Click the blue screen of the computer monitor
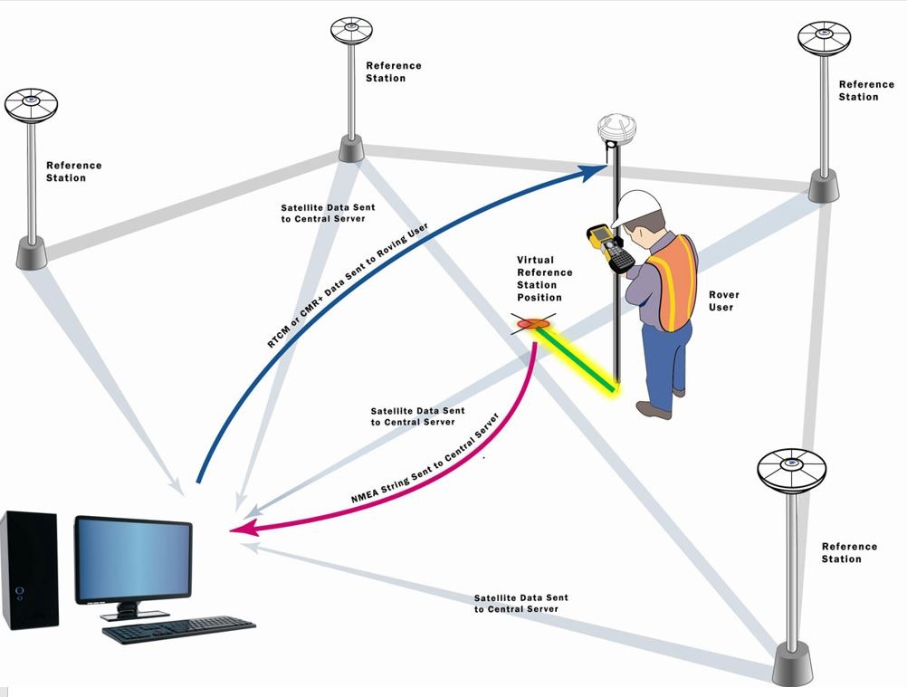point(133,559)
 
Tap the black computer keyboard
point(178,629)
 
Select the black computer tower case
point(30,569)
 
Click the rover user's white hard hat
point(636,208)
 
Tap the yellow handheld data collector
point(609,247)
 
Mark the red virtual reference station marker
point(534,322)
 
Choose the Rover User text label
point(723,301)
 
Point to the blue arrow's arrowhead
point(597,167)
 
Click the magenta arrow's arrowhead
point(239,530)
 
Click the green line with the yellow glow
point(576,358)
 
